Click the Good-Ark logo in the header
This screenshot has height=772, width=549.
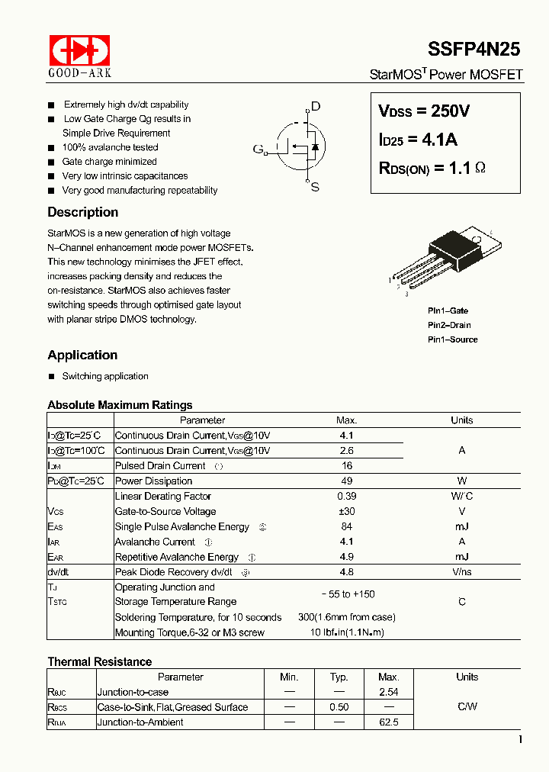click(79, 55)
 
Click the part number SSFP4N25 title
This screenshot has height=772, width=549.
click(474, 49)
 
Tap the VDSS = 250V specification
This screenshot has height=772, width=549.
click(424, 111)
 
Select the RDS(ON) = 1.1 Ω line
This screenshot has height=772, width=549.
click(432, 169)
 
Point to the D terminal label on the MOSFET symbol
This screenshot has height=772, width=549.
click(316, 107)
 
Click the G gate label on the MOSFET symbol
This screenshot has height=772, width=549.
click(258, 149)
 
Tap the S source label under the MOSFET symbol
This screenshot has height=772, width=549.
click(315, 187)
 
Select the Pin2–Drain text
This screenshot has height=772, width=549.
click(448, 325)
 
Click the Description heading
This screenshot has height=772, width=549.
click(82, 212)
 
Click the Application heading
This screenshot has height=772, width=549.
click(82, 355)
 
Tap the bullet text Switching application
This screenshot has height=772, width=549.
click(105, 376)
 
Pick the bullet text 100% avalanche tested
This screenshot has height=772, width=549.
click(110, 147)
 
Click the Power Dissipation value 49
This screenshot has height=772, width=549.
click(346, 481)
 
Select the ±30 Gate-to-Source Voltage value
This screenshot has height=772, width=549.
click(346, 511)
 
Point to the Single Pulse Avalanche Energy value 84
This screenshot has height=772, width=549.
click(346, 526)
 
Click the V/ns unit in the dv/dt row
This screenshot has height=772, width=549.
click(461, 572)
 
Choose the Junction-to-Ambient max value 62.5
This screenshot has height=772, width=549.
click(388, 722)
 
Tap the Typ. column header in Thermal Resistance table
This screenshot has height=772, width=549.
click(339, 677)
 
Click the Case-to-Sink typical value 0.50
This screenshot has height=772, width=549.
click(339, 707)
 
